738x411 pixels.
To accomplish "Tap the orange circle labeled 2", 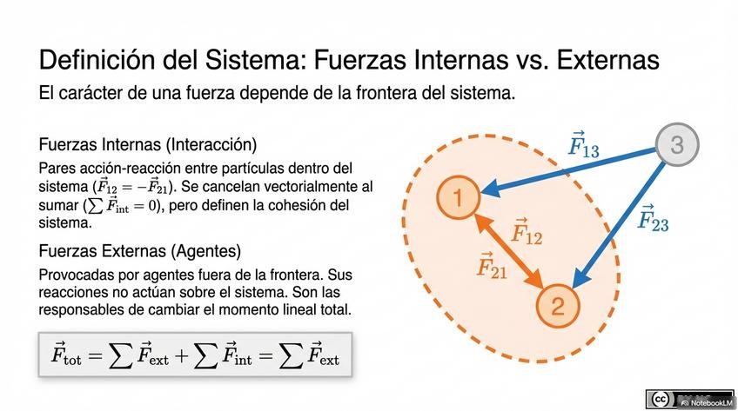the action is pyautogui.click(x=558, y=305).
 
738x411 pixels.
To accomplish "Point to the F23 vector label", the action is pyautogui.click(x=653, y=217).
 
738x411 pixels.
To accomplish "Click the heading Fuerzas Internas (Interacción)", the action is pyautogui.click(x=148, y=144).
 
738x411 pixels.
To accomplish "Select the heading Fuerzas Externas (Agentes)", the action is pyautogui.click(x=139, y=251).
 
